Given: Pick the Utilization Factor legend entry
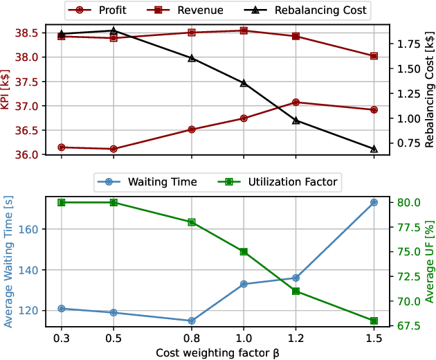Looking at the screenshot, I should [274, 182].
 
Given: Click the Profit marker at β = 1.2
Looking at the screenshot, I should [296, 102].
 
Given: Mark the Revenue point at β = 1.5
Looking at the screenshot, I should [374, 56].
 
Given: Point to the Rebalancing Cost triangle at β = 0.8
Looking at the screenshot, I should [192, 58].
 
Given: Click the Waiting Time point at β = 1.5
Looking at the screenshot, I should [374, 202].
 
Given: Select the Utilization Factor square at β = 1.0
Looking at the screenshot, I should [244, 252].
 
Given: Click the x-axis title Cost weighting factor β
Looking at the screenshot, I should [217, 352].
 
